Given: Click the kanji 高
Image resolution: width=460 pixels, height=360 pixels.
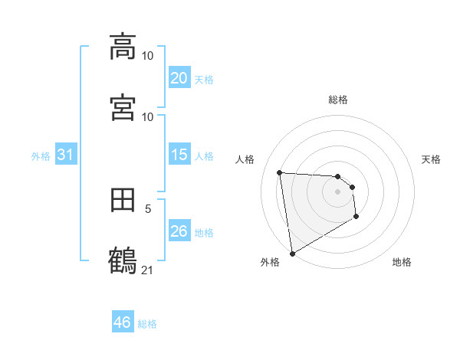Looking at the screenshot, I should [123, 47].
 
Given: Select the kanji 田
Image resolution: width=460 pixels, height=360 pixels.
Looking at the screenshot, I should [123, 200].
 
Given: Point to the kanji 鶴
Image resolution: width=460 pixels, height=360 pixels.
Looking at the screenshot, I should [123, 260].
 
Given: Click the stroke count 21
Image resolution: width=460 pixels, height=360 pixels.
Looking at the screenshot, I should [147, 269].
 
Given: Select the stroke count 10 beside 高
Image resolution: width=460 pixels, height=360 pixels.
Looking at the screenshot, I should [147, 56].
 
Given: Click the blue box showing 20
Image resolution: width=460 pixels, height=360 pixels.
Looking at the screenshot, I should [179, 78].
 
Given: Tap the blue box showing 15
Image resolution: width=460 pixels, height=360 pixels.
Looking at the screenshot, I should [179, 155].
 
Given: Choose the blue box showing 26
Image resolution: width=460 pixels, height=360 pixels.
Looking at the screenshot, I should [179, 231].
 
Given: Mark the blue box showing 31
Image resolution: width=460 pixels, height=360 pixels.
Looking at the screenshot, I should [65, 155].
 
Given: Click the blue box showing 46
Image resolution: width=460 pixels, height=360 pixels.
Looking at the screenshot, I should [122, 322].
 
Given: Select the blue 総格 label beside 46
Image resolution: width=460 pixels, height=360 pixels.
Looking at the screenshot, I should [147, 324].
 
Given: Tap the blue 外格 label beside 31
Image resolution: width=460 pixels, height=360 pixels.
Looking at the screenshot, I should [41, 156].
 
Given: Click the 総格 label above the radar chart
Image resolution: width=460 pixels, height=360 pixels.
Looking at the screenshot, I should [338, 100].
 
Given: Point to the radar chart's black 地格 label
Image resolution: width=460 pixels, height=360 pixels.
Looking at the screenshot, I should [402, 263].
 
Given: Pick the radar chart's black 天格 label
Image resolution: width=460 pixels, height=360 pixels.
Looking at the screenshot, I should [431, 159].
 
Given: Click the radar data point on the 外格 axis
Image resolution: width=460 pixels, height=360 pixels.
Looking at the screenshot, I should [291, 252].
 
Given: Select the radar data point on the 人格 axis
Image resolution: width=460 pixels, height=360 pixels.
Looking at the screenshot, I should [280, 172].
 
